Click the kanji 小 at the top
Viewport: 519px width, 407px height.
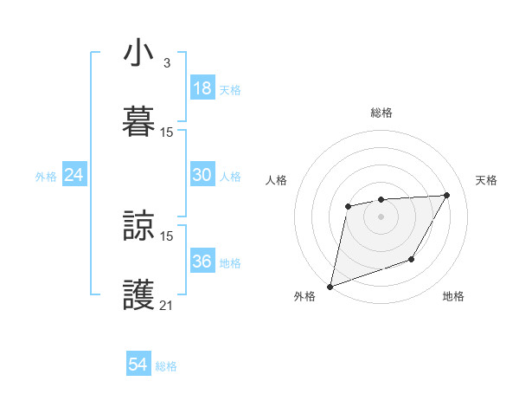(x=139, y=55)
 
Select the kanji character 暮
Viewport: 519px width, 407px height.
(x=139, y=120)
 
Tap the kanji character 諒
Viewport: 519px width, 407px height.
(x=139, y=226)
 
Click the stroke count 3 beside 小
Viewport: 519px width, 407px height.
(x=166, y=63)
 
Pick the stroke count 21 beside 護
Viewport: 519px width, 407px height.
(x=167, y=305)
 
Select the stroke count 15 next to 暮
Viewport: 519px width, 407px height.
(x=167, y=132)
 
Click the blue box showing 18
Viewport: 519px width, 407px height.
(x=202, y=88)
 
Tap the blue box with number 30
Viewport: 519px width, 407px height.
(x=202, y=175)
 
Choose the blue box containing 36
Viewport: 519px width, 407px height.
(x=202, y=262)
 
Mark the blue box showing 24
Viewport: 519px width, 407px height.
(x=74, y=175)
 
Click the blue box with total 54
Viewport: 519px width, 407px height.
(x=138, y=365)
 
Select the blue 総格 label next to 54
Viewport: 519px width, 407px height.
(x=166, y=366)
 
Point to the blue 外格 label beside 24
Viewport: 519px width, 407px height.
(x=46, y=177)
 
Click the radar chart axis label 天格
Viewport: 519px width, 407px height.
(x=486, y=180)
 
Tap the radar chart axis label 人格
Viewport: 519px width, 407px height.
(x=277, y=180)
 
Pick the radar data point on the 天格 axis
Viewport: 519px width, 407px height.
(x=447, y=195)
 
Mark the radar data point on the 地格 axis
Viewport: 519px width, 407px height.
(x=412, y=259)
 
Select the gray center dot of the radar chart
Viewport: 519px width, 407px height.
(x=381, y=216)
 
